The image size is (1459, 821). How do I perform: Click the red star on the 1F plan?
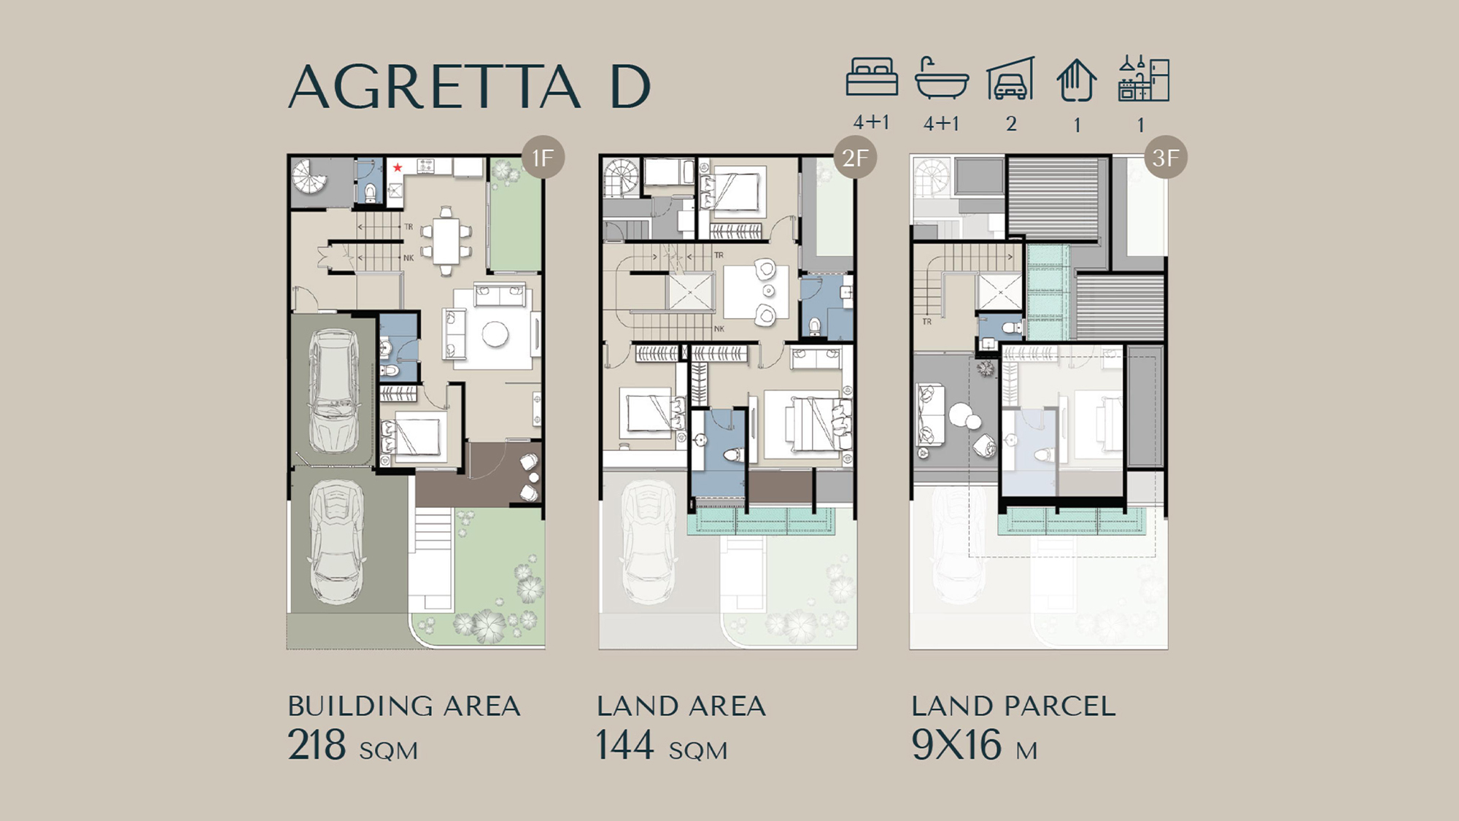coord(398,168)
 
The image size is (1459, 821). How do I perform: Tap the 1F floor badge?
coord(543,157)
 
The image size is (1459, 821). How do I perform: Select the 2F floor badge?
coord(855,157)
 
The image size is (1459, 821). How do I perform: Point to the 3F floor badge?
coord(1165,157)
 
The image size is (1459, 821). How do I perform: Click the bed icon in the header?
coord(872,77)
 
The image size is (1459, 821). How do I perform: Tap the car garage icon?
coord(1010,78)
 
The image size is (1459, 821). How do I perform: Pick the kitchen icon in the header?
coord(1144,78)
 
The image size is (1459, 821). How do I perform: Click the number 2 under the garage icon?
coord(1011,123)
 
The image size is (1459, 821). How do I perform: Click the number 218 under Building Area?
coord(317,745)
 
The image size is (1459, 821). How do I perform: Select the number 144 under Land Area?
coord(625,745)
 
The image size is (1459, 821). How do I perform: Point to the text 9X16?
coord(956,745)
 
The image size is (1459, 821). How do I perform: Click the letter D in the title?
coord(630,87)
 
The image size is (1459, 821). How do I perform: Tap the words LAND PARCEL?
coord(1013,706)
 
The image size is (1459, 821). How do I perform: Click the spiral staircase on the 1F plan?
coord(311,177)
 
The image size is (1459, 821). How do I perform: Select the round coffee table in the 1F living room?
coord(495,334)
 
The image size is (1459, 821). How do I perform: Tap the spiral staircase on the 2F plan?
coord(622,177)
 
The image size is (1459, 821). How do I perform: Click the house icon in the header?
coord(1077,80)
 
